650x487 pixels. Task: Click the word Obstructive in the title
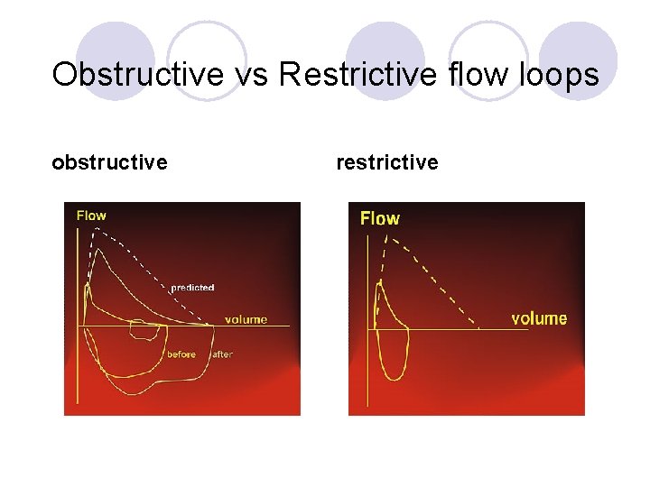pos(137,74)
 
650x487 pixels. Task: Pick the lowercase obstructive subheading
pos(109,162)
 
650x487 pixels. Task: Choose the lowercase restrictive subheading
pos(387,162)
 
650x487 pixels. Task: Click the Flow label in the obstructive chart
pos(91,215)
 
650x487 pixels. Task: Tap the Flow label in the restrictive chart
pos(379,218)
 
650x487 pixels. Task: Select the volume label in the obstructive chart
pos(246,319)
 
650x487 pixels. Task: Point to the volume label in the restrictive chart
pos(539,318)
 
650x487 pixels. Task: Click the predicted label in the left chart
pos(192,288)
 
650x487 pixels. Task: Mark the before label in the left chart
pos(181,354)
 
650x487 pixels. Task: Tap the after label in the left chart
pos(222,354)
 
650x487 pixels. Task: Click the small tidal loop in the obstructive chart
pos(145,329)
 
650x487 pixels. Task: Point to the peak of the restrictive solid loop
pos(380,283)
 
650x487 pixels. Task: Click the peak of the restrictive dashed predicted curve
pos(389,236)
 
